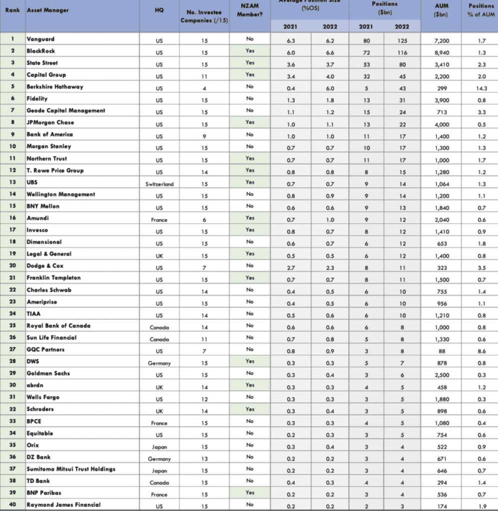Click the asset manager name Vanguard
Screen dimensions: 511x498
pos(41,39)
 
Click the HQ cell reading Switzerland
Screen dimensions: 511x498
pos(159,184)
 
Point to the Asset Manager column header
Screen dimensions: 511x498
pos(48,10)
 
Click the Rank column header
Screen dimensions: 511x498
pos(12,10)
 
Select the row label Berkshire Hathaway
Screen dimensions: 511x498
pos(55,87)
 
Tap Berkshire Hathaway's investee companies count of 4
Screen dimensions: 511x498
pos(204,87)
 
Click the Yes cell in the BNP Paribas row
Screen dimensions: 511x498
pos(250,493)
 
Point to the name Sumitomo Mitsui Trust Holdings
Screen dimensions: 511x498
pos(71,469)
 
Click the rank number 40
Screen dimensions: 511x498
pos(12,505)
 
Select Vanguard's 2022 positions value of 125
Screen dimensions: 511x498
pos(403,39)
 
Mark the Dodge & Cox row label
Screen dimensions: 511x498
pos(45,266)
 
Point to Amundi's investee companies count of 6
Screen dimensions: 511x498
pos(204,219)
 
